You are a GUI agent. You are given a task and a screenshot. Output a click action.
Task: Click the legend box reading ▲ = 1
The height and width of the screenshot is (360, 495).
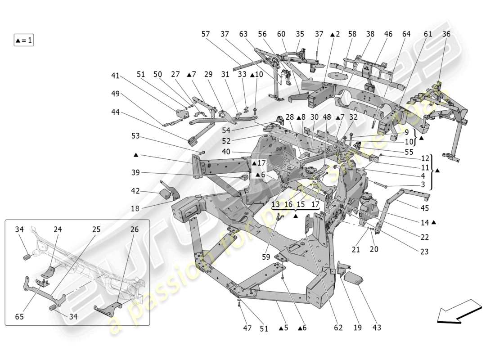point(24,40)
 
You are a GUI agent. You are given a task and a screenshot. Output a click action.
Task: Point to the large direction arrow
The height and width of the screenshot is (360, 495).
point(459,312)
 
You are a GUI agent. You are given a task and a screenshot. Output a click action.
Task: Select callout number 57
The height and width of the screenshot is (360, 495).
point(206,34)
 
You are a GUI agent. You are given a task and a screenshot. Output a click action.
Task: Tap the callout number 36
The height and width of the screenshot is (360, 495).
point(446,34)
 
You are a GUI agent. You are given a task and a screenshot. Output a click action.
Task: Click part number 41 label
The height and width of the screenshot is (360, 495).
point(116,76)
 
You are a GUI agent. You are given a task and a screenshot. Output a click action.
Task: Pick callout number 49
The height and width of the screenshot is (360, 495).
point(116,94)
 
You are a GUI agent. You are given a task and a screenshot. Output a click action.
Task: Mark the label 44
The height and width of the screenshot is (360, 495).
point(116,112)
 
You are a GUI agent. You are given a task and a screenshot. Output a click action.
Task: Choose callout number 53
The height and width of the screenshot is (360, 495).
point(136,135)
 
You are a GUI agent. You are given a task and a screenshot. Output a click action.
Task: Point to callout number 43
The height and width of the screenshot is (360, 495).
point(377,328)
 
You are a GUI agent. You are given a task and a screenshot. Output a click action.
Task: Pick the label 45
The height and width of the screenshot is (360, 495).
point(425,208)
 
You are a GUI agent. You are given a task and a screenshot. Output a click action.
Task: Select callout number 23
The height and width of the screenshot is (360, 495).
point(424,252)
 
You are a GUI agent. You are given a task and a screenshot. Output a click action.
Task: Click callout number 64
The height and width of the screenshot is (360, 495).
point(406,34)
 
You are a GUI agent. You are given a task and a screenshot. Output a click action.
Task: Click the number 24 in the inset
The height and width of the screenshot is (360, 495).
point(58,229)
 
